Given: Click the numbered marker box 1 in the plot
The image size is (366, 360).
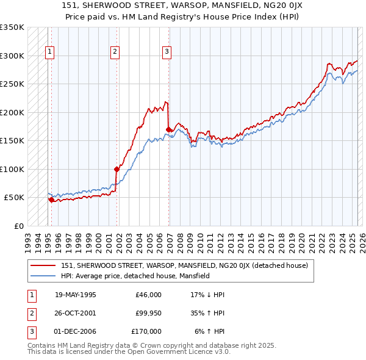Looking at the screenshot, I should click(49, 52).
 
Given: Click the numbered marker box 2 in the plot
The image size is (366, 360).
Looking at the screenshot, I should click(115, 52).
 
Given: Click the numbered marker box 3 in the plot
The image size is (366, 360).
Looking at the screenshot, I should click(167, 52).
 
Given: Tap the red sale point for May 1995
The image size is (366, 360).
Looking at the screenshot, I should click(51, 200).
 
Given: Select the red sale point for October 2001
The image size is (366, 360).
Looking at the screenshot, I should click(117, 169).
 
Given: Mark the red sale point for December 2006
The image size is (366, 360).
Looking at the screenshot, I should click(168, 129).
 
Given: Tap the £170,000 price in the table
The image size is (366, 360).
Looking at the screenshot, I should click(146, 331).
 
